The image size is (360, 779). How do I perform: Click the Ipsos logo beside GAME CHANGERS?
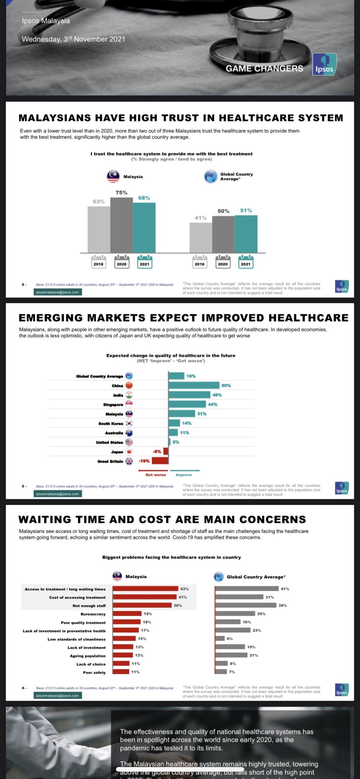pyautogui.click(x=324, y=64)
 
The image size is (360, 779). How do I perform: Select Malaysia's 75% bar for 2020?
pyautogui.click(x=122, y=225)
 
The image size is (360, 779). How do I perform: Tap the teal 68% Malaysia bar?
pyautogui.click(x=144, y=228)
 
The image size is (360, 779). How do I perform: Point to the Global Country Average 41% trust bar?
pyautogui.click(x=201, y=238)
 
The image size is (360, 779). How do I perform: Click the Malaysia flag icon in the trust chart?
pyautogui.click(x=113, y=176)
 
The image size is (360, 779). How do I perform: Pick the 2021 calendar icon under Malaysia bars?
pyautogui.click(x=144, y=262)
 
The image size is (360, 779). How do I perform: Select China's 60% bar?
pyautogui.click(x=194, y=386)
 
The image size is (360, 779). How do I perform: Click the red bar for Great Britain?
pyautogui.click(x=160, y=461)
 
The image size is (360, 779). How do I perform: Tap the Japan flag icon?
pyautogui.click(x=129, y=451)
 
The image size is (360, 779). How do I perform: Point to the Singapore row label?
pyautogui.click(x=113, y=405)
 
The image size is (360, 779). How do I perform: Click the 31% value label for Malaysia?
pyautogui.click(x=202, y=414)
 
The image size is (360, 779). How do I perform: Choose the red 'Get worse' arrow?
pyautogui.click(x=153, y=470)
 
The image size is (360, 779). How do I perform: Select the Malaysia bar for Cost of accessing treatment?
pyautogui.click(x=145, y=597)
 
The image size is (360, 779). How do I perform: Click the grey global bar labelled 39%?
pyautogui.click(x=246, y=605)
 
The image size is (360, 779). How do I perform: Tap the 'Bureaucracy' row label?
pyautogui.click(x=93, y=614)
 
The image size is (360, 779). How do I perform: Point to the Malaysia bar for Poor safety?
pyautogui.click(x=121, y=672)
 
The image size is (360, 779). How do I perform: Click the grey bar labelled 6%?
pyautogui.click(x=220, y=639)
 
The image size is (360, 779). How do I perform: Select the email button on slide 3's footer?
pyautogui.click(x=58, y=494)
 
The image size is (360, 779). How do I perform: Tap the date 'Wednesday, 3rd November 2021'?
pyautogui.click(x=73, y=39)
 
